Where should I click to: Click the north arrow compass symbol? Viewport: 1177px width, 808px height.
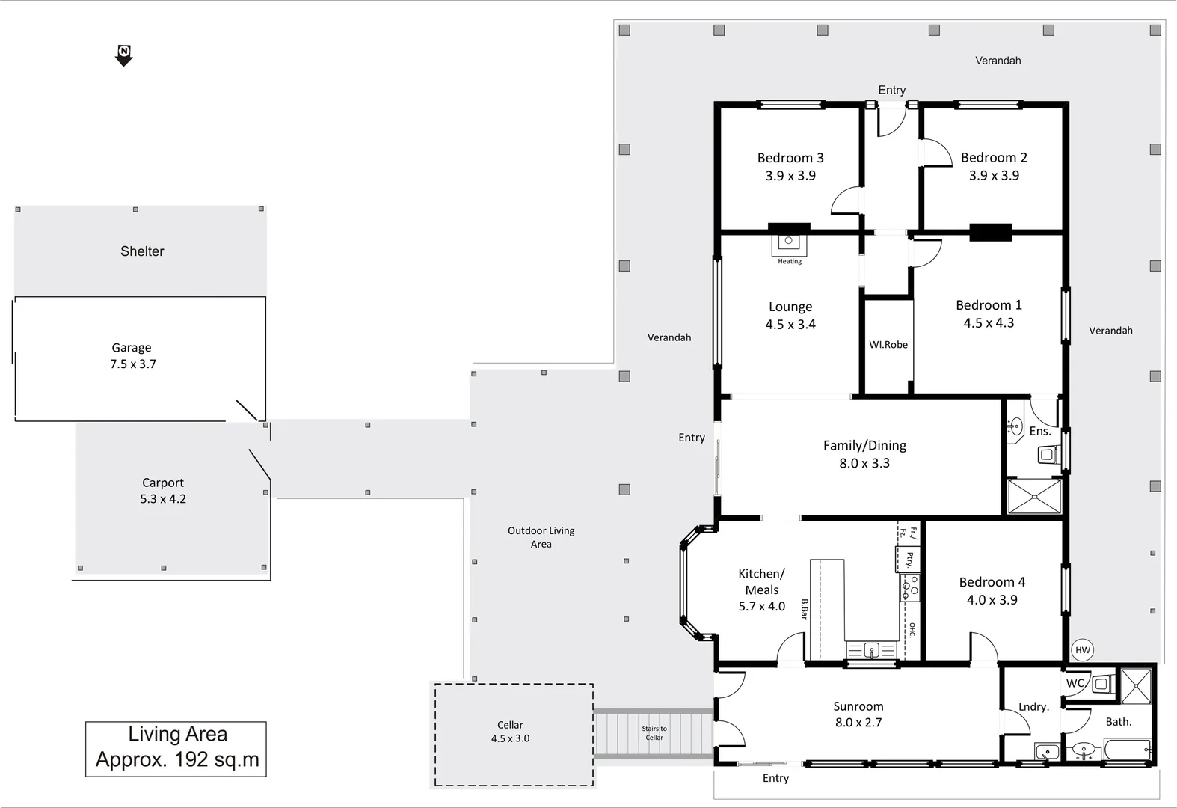click(x=124, y=55)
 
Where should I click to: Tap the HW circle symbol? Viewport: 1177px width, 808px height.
click(x=1082, y=650)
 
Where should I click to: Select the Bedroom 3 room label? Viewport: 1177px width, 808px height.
click(x=790, y=158)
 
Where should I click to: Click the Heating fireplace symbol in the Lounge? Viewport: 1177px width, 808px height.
click(x=788, y=242)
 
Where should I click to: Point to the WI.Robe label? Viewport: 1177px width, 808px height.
click(x=888, y=345)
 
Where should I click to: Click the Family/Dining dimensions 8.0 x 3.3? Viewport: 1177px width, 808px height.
click(x=864, y=463)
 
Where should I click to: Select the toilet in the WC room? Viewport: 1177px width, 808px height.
click(x=1101, y=683)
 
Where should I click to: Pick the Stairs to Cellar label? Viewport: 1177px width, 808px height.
click(x=654, y=733)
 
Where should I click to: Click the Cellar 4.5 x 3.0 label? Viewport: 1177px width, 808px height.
click(x=510, y=732)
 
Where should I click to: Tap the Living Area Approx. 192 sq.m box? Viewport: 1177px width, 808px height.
click(x=176, y=748)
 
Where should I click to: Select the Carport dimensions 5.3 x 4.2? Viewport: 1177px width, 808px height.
click(x=163, y=499)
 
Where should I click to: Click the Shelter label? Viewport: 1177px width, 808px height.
click(x=142, y=251)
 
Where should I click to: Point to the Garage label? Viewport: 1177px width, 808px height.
click(x=132, y=348)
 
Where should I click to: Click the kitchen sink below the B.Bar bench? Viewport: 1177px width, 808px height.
click(x=871, y=650)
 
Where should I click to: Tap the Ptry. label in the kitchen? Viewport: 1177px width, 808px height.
click(x=909, y=560)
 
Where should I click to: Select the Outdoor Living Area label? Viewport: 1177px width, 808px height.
click(x=541, y=537)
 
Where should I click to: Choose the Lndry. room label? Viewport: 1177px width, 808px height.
click(x=1033, y=707)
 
